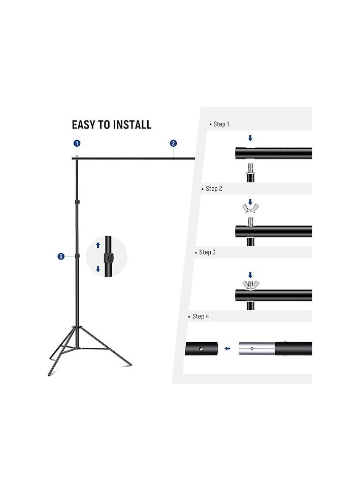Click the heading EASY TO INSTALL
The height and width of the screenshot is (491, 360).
(x=111, y=124)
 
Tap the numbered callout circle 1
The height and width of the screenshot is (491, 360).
(x=77, y=143)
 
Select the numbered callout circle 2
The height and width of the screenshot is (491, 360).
(x=173, y=143)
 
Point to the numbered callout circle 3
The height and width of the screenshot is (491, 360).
(x=61, y=256)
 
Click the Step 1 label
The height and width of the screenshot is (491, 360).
(x=221, y=124)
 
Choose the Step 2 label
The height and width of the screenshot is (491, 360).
(x=214, y=188)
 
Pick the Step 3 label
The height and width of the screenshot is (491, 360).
(x=207, y=252)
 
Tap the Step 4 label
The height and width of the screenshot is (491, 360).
(x=201, y=316)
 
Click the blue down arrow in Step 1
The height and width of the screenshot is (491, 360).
(x=250, y=138)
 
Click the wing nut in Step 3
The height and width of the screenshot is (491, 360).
(x=250, y=283)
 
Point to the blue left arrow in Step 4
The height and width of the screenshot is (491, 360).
(x=228, y=348)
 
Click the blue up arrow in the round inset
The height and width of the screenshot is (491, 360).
(x=99, y=245)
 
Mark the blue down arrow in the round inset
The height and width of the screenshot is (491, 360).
(x=99, y=269)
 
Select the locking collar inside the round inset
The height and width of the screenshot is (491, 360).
(x=108, y=257)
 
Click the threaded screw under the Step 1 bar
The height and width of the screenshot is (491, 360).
(x=250, y=169)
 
